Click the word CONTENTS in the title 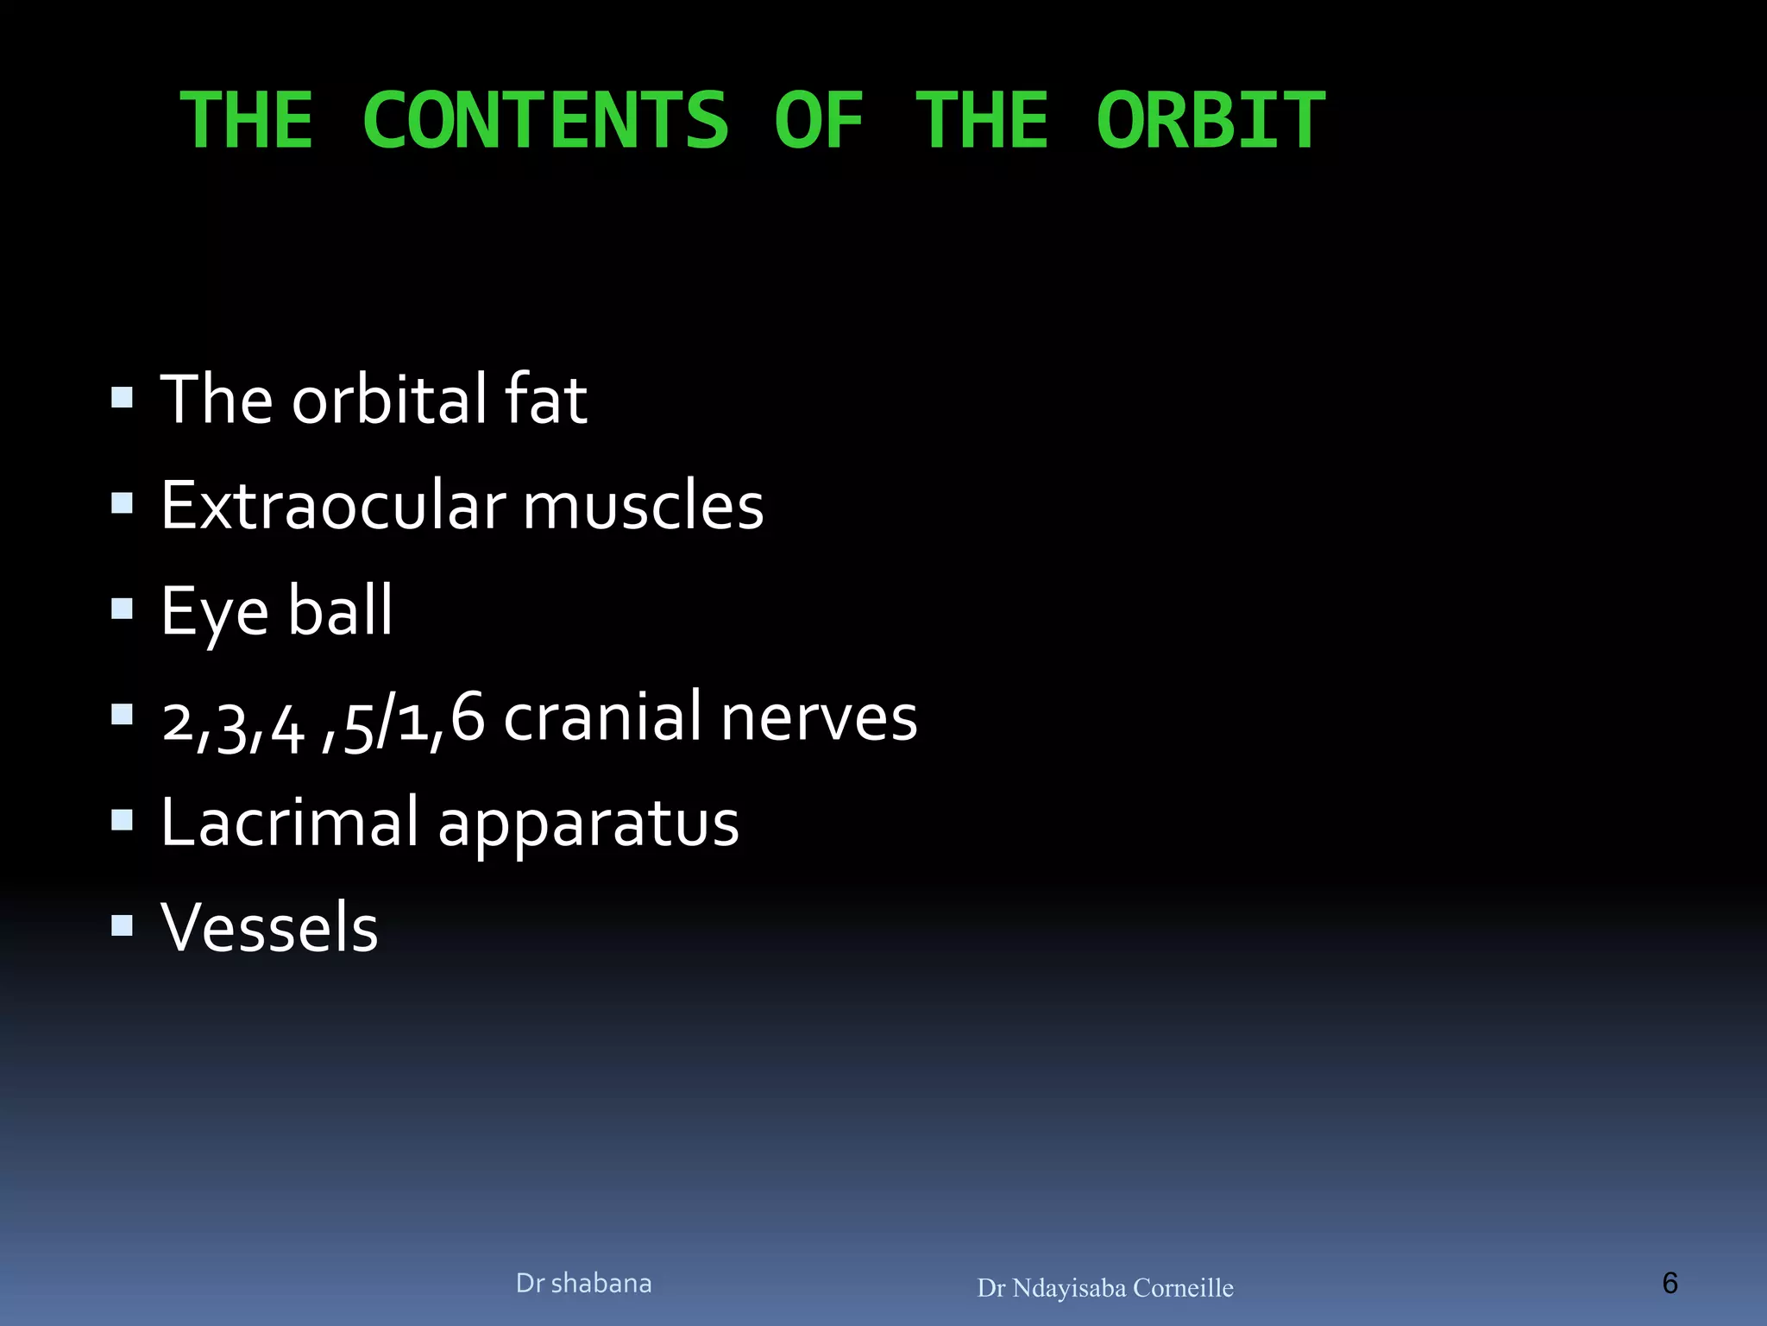[x=545, y=121]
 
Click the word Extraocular [x=333, y=506]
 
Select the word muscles [x=643, y=506]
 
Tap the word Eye [x=215, y=611]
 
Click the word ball [x=339, y=609]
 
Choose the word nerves [x=818, y=717]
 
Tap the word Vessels [x=269, y=927]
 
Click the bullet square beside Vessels [x=123, y=926]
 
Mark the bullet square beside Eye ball [x=123, y=609]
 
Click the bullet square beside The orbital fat [x=123, y=398]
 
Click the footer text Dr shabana [x=583, y=1284]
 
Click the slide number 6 [x=1670, y=1283]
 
